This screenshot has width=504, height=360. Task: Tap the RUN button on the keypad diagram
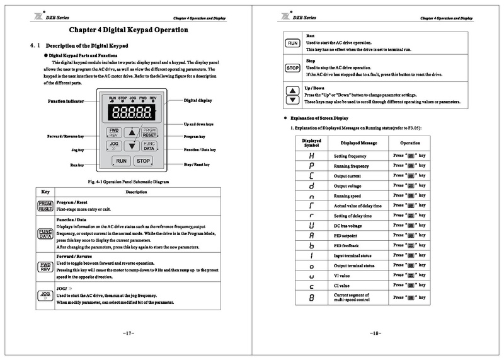pos(122,161)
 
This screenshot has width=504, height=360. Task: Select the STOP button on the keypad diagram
pos(143,161)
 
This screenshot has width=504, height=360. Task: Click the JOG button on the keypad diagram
pos(115,145)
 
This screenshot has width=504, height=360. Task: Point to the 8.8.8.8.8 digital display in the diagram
pos(132,113)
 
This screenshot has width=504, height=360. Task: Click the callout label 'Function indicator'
pos(66,102)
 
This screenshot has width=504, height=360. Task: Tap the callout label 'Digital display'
pos(198,100)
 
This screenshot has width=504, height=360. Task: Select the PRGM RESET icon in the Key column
pos(45,205)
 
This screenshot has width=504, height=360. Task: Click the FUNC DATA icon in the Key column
pos(45,233)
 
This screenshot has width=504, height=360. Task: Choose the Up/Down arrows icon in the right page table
pos(292,95)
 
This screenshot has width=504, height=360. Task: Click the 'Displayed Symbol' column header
pos(312,142)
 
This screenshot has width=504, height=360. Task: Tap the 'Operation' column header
pos(410,142)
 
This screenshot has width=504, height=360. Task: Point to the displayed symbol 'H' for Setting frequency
pos(312,155)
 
